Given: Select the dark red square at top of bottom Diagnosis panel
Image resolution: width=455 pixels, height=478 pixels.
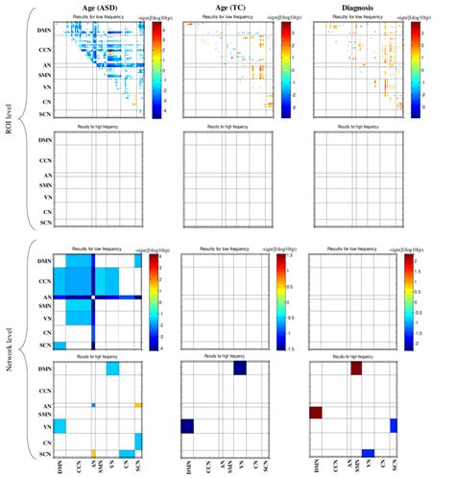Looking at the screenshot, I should click(356, 369).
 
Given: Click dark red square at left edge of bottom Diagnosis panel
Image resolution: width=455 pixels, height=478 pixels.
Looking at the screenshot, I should click(315, 414).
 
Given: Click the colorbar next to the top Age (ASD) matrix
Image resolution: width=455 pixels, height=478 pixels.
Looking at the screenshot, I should click(153, 67).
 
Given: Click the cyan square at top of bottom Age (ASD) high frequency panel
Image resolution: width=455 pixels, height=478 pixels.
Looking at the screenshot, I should click(112, 369).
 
